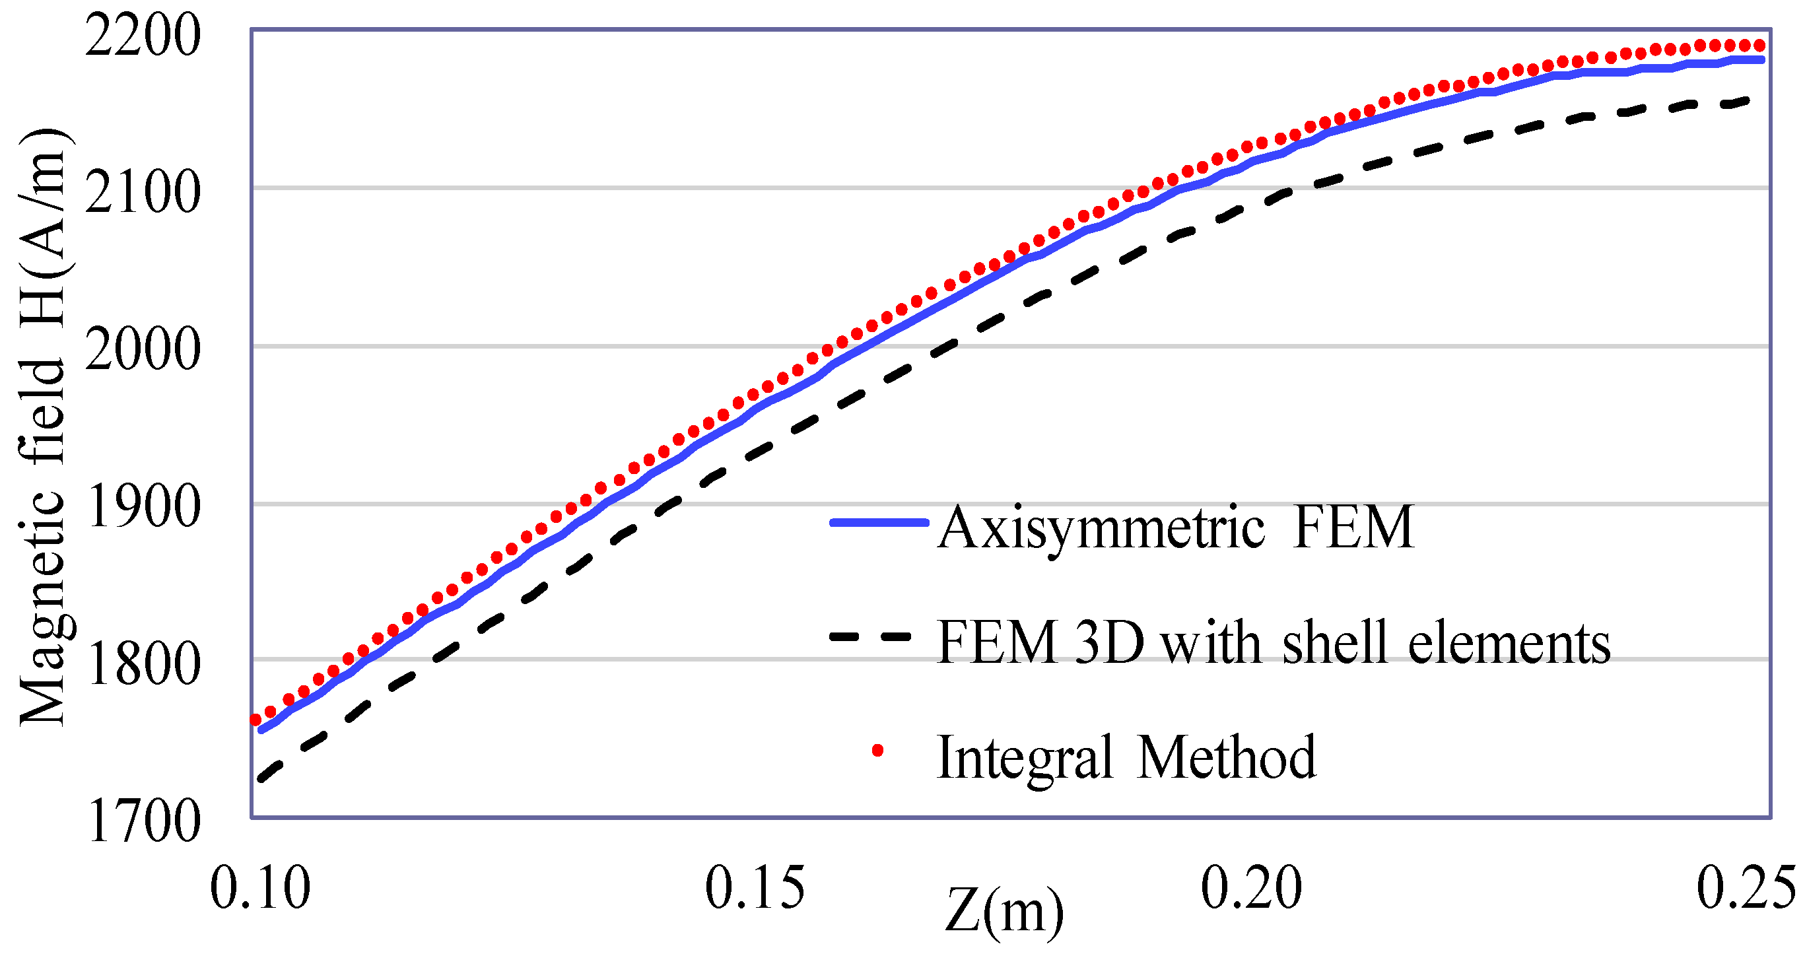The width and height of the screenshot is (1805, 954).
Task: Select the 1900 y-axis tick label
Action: (x=144, y=508)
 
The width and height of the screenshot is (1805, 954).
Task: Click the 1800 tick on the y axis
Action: (x=144, y=665)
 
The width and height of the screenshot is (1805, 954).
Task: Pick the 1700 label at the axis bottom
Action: (x=144, y=821)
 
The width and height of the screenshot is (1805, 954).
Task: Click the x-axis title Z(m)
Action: (x=1004, y=912)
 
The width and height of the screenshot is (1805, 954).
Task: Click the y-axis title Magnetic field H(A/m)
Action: (x=44, y=428)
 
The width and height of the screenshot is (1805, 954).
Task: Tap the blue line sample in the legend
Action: (x=879, y=523)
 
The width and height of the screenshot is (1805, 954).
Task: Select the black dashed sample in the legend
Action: (x=870, y=637)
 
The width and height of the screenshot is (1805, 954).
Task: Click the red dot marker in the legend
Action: (x=877, y=751)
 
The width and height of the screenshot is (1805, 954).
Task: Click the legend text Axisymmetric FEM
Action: (x=1176, y=527)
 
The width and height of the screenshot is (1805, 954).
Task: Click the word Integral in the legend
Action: (x=1025, y=757)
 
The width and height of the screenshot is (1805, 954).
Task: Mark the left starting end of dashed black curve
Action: (x=261, y=779)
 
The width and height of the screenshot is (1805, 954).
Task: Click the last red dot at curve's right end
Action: (x=1759, y=46)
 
